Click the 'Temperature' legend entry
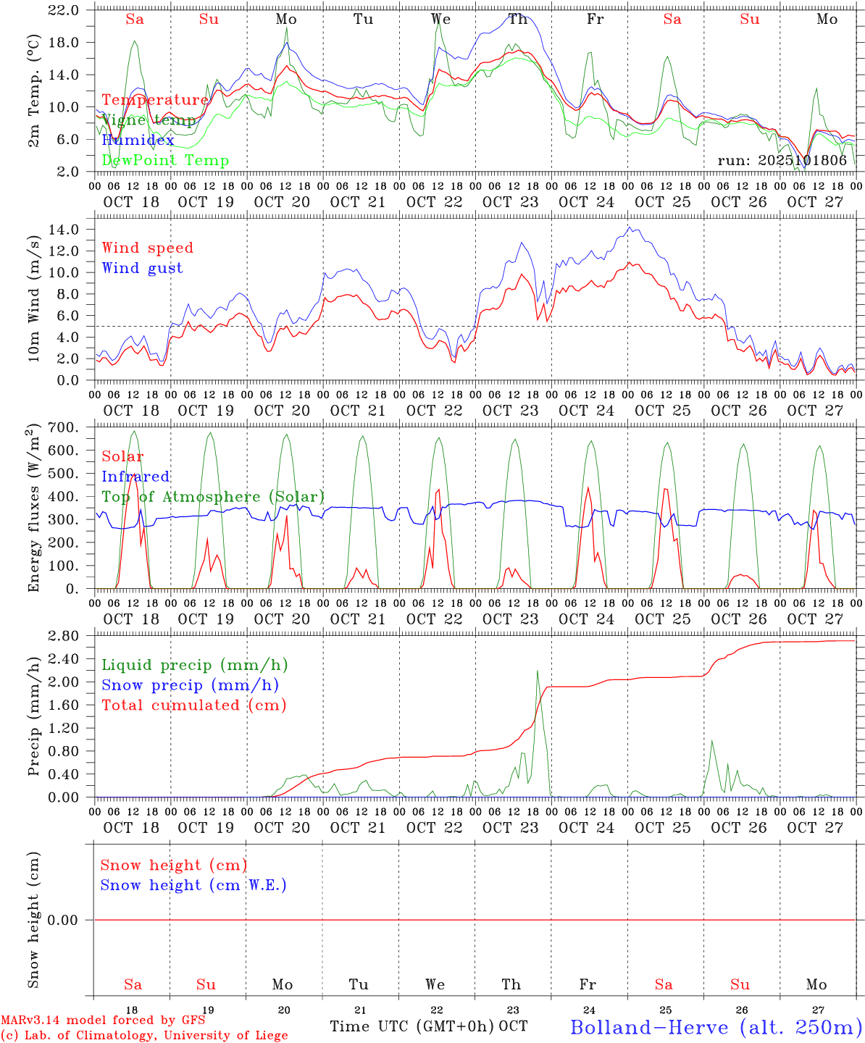click(x=155, y=100)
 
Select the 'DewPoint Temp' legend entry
click(x=165, y=161)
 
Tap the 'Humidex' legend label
click(x=138, y=140)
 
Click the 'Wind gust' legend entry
click(x=142, y=268)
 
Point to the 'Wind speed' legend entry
click(x=147, y=248)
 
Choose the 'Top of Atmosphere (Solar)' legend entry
click(x=212, y=497)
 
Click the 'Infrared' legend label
click(x=135, y=477)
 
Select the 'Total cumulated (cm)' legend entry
click(x=193, y=705)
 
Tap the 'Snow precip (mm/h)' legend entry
click(x=190, y=685)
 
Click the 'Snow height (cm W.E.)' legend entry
click(x=193, y=885)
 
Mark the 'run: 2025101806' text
click(x=782, y=161)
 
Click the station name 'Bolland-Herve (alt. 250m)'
click(x=716, y=1027)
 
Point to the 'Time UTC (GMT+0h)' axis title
click(x=411, y=1026)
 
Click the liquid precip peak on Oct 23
click(x=537, y=671)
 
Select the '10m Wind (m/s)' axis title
click(x=33, y=297)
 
